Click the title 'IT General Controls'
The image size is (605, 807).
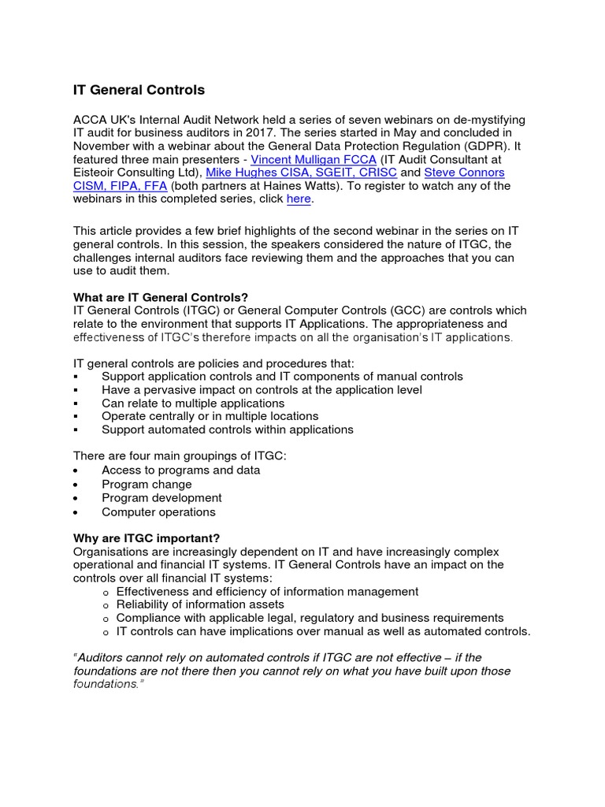click(139, 90)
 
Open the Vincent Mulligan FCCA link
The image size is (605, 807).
click(313, 159)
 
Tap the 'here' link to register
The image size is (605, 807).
click(299, 199)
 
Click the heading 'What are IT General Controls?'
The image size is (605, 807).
click(161, 297)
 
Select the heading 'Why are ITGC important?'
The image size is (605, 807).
click(147, 538)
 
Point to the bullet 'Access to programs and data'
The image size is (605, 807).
click(180, 470)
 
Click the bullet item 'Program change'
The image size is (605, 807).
click(147, 484)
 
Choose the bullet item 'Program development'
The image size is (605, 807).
click(161, 498)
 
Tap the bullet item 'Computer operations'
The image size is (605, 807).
click(158, 512)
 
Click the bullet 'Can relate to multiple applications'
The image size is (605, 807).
click(193, 403)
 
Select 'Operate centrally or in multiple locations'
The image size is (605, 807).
click(210, 416)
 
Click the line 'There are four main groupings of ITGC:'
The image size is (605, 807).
click(180, 456)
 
